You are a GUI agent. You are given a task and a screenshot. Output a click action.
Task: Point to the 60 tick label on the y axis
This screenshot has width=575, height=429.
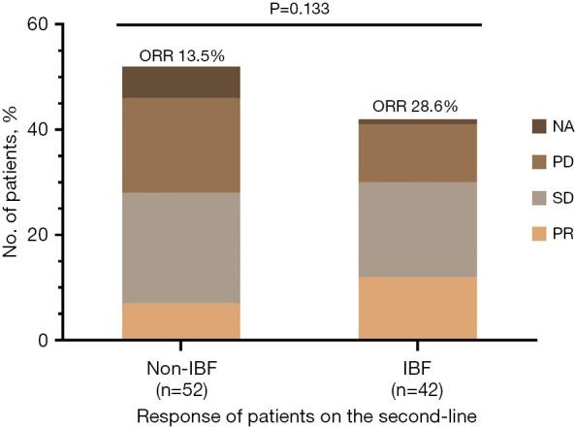[38, 23]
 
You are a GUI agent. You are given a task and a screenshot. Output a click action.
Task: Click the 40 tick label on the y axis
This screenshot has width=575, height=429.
[38, 129]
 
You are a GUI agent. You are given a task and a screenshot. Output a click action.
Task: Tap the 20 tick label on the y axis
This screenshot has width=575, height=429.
[38, 235]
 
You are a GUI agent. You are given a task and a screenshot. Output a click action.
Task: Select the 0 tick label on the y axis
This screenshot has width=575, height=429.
[43, 340]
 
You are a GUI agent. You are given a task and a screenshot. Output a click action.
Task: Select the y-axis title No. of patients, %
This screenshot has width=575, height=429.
[13, 181]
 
